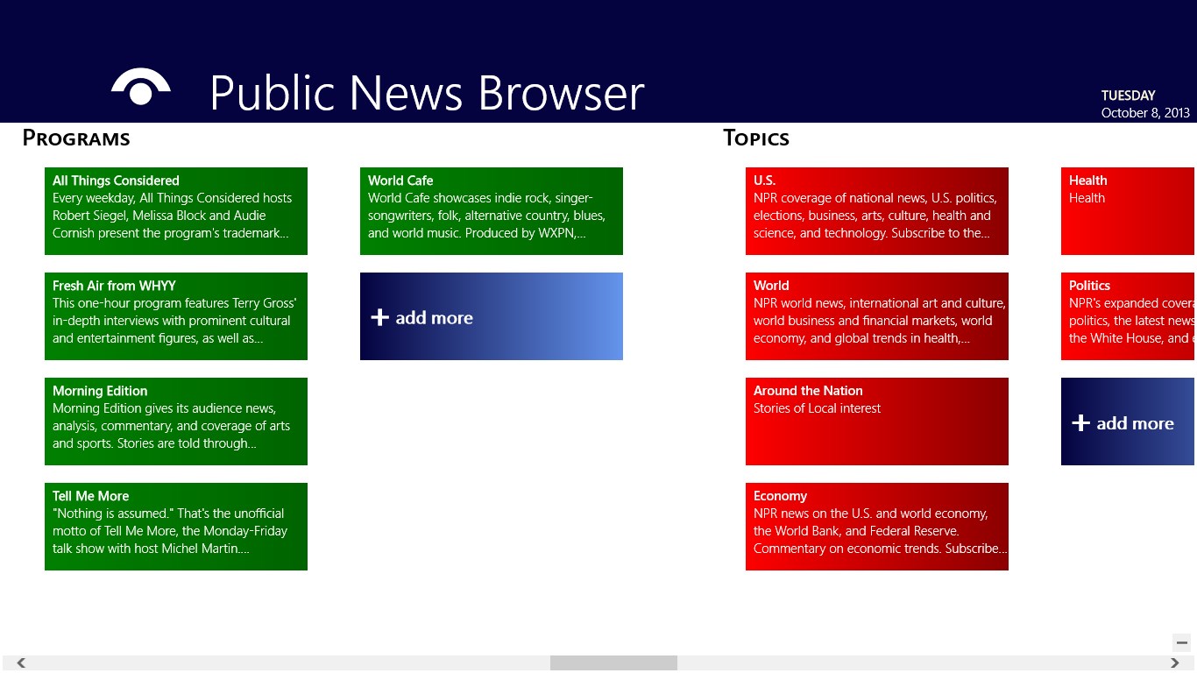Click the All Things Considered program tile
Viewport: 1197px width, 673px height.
(x=175, y=211)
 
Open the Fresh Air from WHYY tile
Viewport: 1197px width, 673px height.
(x=175, y=316)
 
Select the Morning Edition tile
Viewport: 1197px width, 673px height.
(x=175, y=422)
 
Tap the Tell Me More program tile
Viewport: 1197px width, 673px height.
(x=175, y=527)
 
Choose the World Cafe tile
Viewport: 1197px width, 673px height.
(x=491, y=211)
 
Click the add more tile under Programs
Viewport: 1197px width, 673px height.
(x=491, y=316)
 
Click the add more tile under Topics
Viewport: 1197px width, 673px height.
(x=1128, y=422)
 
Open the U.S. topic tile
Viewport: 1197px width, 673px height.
(x=876, y=211)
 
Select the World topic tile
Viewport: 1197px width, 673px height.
(x=876, y=316)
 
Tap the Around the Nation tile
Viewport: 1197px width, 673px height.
(x=876, y=422)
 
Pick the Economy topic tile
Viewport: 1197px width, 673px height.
(x=876, y=527)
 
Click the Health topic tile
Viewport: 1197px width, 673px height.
(x=1128, y=211)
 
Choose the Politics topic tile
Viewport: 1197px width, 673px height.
(x=1128, y=316)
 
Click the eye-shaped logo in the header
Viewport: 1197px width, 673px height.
(x=140, y=88)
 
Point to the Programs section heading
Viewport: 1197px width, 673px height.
(x=76, y=138)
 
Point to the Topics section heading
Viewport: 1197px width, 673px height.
(x=756, y=138)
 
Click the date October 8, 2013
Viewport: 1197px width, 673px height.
(x=1145, y=113)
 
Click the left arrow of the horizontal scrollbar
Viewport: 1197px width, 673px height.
(x=21, y=663)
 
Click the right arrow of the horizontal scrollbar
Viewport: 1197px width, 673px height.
(x=1175, y=663)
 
